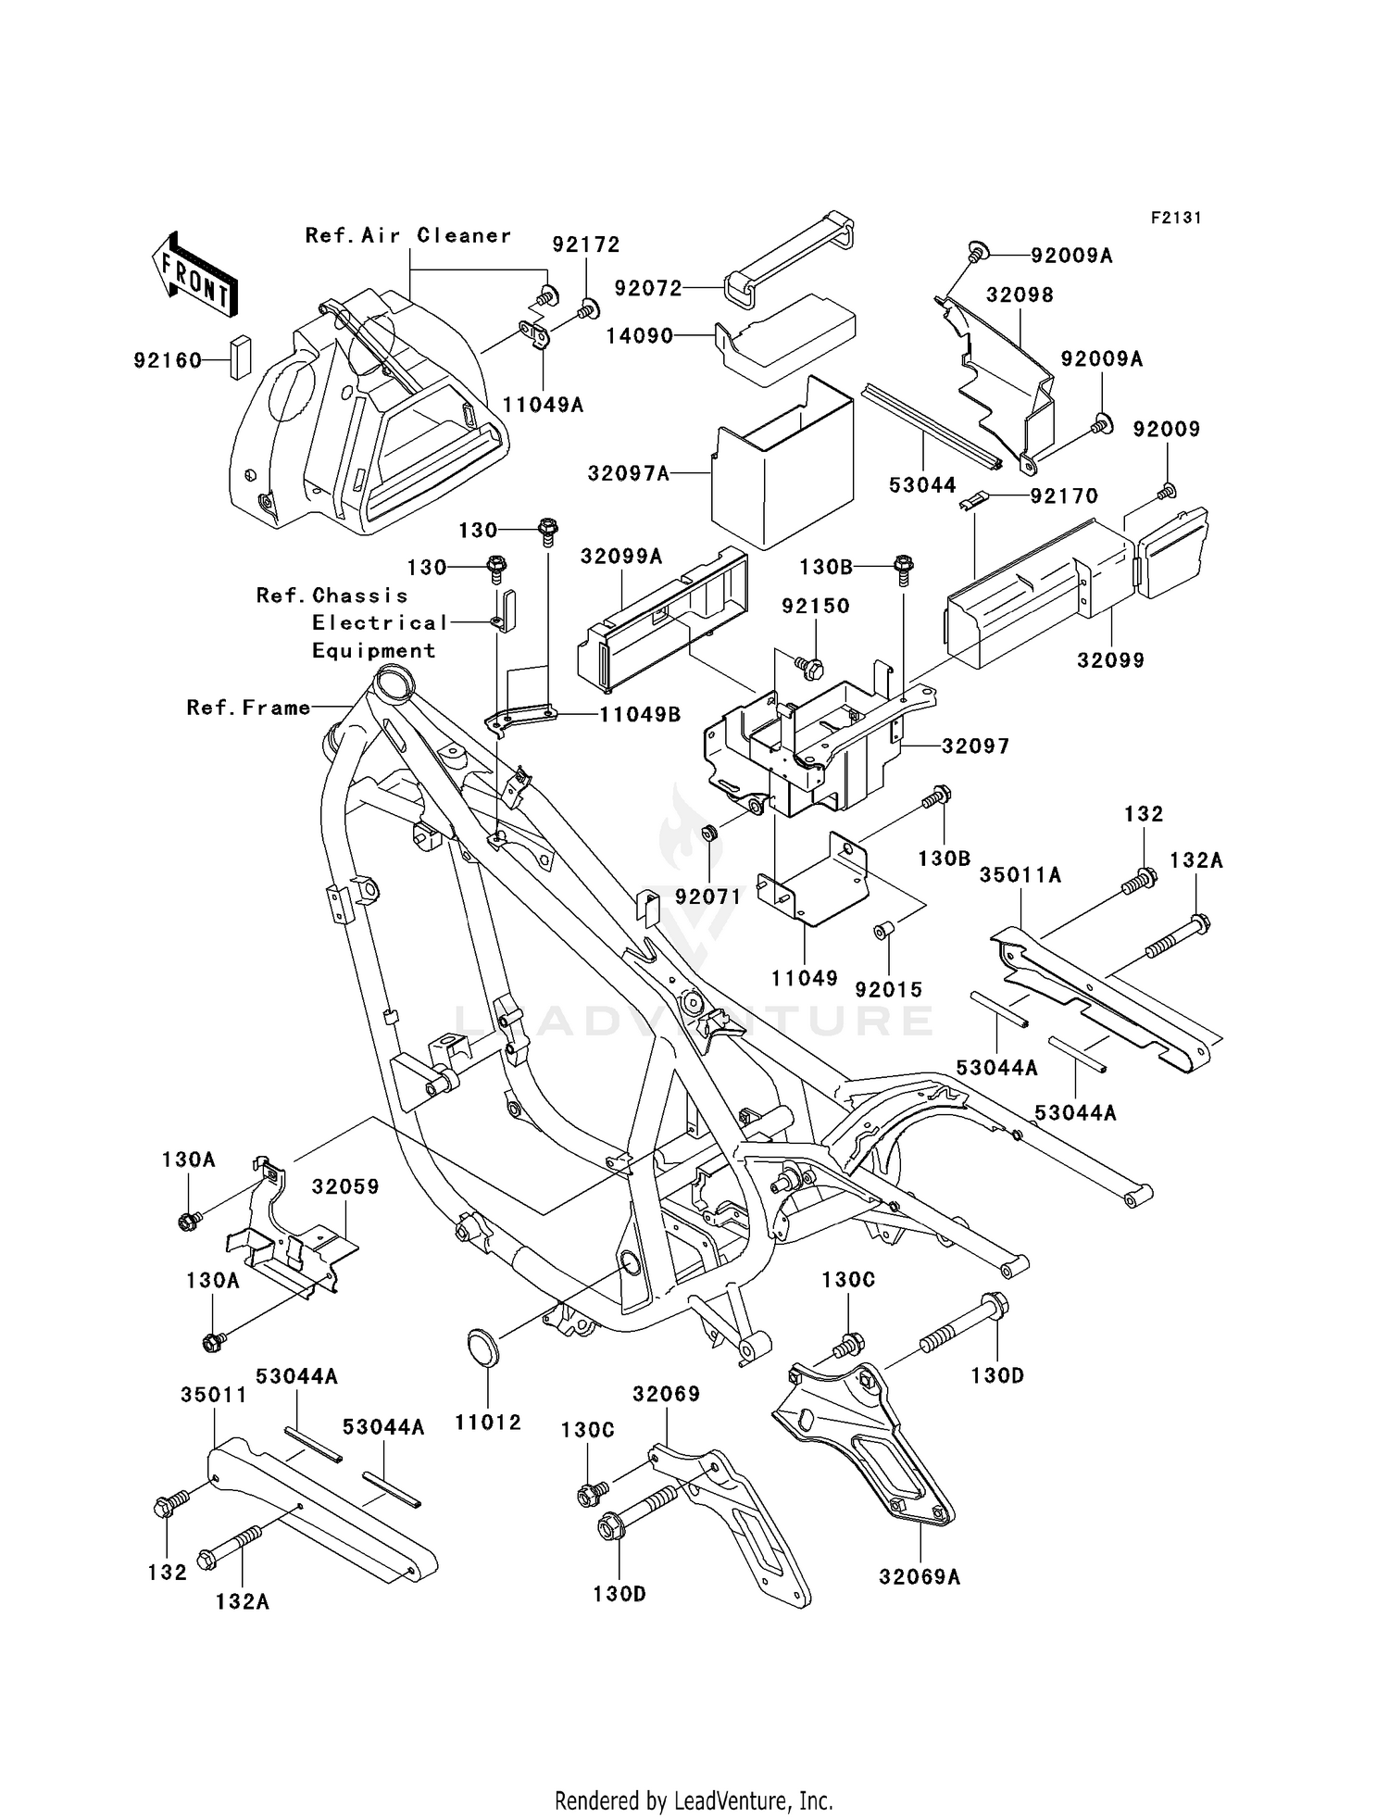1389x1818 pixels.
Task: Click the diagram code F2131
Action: point(1176,218)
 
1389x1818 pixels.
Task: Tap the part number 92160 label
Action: point(168,360)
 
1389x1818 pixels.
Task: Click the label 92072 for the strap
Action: point(648,288)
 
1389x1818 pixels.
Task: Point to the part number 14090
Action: point(640,336)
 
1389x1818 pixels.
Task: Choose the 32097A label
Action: point(628,473)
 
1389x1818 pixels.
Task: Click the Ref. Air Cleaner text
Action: point(408,235)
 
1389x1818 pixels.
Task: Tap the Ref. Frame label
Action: point(248,708)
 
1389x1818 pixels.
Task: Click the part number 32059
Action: point(345,1186)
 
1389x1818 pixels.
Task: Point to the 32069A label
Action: point(920,1576)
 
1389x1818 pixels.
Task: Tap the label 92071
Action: point(708,896)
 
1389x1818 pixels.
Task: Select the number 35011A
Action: point(1021,874)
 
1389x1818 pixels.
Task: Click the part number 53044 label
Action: point(922,484)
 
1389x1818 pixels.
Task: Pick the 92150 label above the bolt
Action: point(816,606)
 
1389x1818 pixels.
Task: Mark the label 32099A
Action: point(621,556)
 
